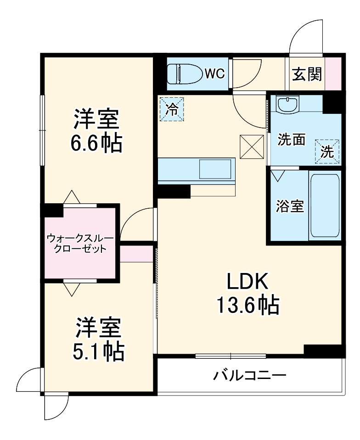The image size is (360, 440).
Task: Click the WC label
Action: tap(214, 73)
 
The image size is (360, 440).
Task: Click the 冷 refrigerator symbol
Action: tap(172, 109)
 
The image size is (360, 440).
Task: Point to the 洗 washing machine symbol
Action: tap(327, 152)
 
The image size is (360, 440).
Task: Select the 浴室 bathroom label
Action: tap(290, 206)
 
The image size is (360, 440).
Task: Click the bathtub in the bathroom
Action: tap(325, 205)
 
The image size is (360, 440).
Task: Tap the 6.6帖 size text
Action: tap(96, 144)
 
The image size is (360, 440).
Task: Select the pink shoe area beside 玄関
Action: tap(333, 73)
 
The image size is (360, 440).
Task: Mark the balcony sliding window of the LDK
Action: tap(231, 356)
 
